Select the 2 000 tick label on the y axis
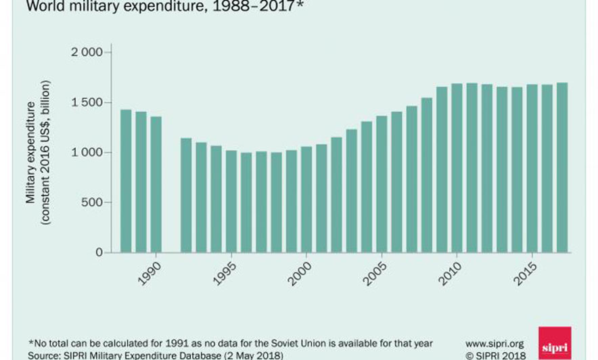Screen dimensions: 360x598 pos(87,53)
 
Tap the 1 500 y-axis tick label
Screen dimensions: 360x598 pos(87,103)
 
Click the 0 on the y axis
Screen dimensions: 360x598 pos(99,252)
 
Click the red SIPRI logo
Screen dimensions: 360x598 pos(555,343)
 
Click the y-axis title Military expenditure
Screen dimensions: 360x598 pos(31,152)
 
